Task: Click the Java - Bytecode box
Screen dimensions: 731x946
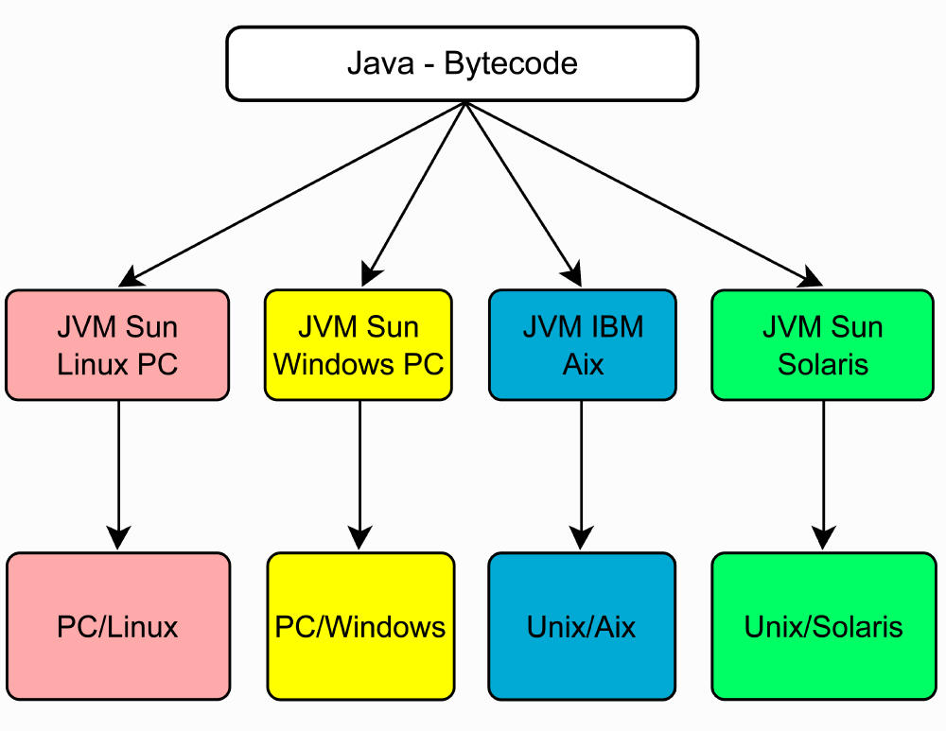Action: [x=462, y=63]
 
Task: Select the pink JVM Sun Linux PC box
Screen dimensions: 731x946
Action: [x=117, y=345]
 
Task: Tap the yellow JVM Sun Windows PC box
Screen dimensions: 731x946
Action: [x=359, y=345]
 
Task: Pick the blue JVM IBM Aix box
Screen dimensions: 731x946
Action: [x=583, y=345]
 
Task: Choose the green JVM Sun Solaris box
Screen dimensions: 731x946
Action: [x=822, y=345]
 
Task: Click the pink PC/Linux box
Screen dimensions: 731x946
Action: [x=117, y=626]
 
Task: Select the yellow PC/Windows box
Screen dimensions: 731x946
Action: [x=360, y=626]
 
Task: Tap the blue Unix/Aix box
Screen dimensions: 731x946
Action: [x=582, y=626]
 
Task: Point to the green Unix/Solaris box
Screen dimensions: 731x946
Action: [x=823, y=626]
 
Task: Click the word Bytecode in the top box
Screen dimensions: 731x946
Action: [x=511, y=64]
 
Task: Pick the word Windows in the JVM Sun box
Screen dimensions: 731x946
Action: [x=332, y=364]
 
